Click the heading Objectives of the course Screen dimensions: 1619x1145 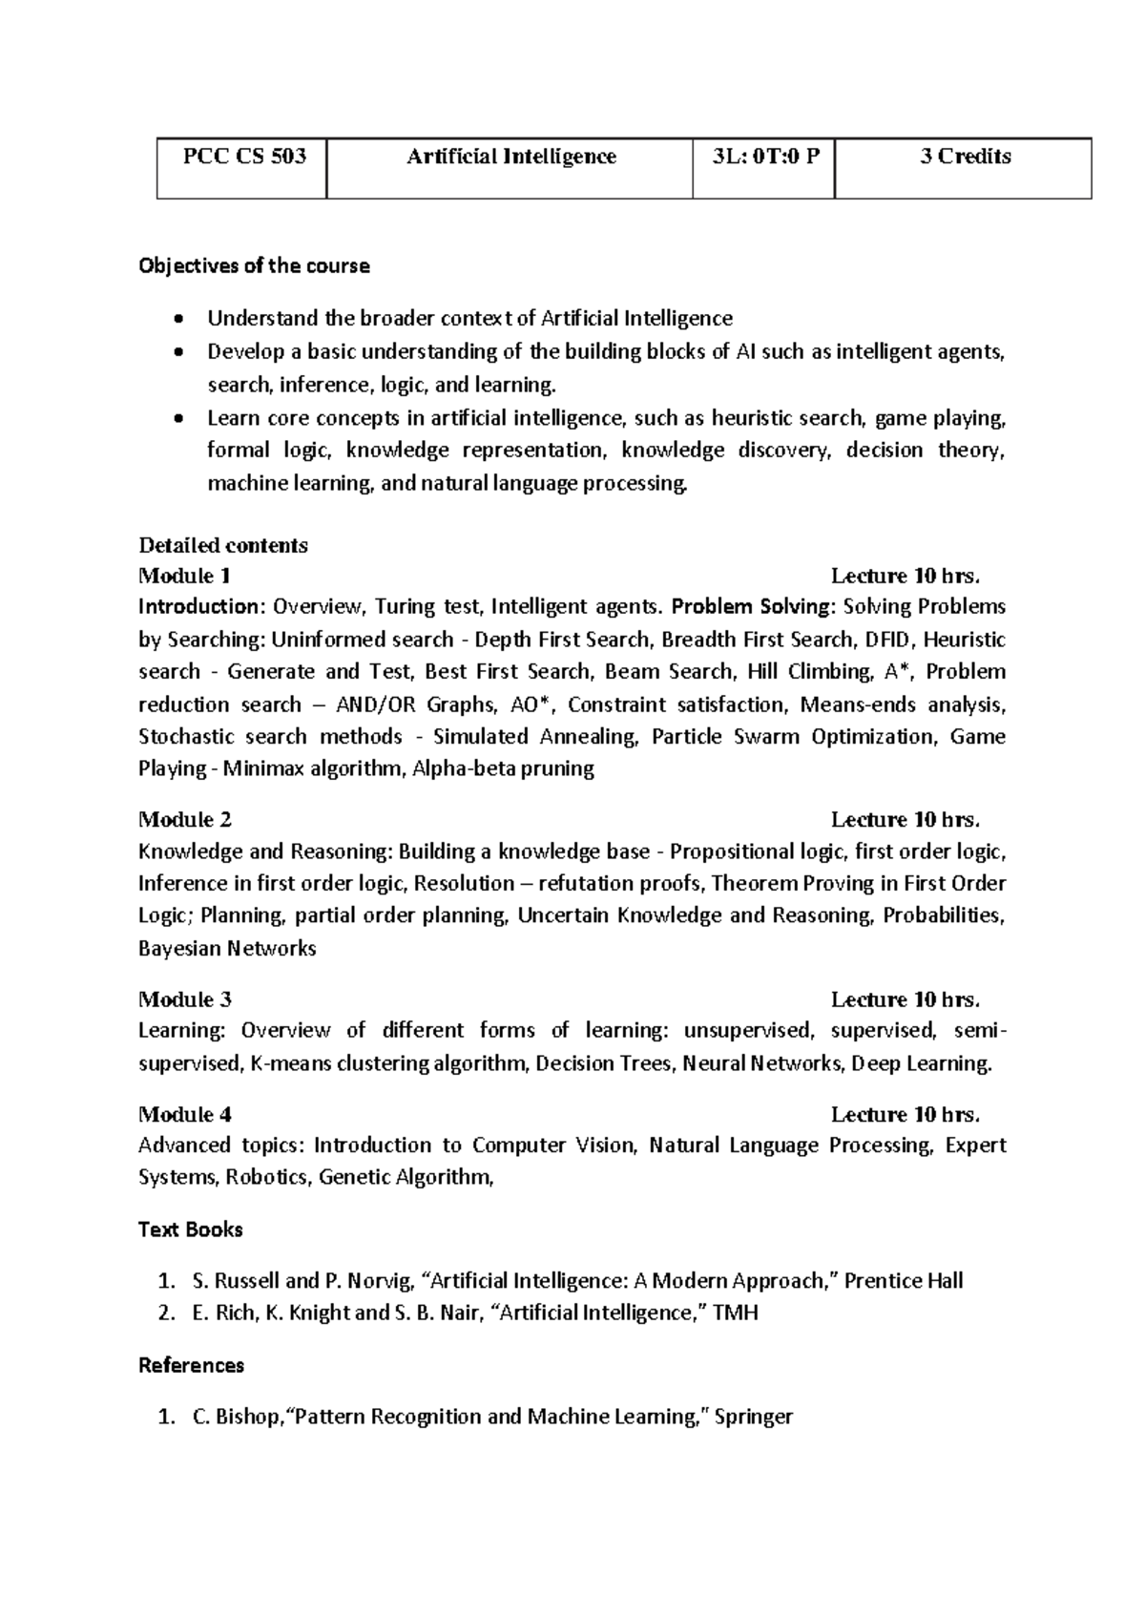click(254, 266)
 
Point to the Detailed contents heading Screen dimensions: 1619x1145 click(223, 546)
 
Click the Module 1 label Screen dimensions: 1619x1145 click(184, 576)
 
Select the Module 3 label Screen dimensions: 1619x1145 click(184, 999)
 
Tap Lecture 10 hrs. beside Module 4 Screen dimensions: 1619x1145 click(905, 1114)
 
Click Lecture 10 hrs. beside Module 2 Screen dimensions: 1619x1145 click(905, 819)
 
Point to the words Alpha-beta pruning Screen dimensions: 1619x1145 click(503, 768)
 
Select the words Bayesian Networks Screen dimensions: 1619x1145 click(227, 949)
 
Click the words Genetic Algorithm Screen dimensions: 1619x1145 click(405, 1177)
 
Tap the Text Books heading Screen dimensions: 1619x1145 click(191, 1230)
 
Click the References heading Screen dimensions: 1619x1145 click(191, 1365)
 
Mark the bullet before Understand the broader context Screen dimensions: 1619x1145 click(178, 319)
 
